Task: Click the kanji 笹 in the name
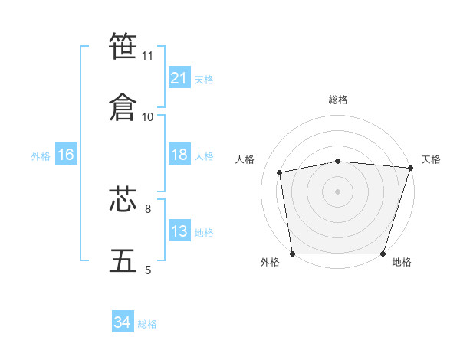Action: point(123,45)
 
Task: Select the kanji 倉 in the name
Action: point(123,107)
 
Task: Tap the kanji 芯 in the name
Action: point(123,198)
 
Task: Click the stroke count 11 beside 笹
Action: point(147,56)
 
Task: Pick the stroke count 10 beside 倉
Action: point(147,117)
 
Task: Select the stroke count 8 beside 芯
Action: point(148,209)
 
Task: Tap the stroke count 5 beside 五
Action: point(148,270)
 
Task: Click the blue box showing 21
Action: point(179,77)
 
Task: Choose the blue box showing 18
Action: point(179,154)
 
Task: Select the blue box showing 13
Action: point(179,230)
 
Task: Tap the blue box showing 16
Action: point(66,154)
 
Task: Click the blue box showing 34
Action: point(123,321)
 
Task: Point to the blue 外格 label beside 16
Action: point(41,156)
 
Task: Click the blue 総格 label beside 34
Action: point(147,324)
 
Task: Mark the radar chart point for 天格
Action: point(411,168)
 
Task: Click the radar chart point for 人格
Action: point(279,172)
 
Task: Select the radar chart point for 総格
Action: point(337,162)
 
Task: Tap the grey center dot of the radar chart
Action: point(337,191)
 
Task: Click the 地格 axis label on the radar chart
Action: point(402,262)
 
